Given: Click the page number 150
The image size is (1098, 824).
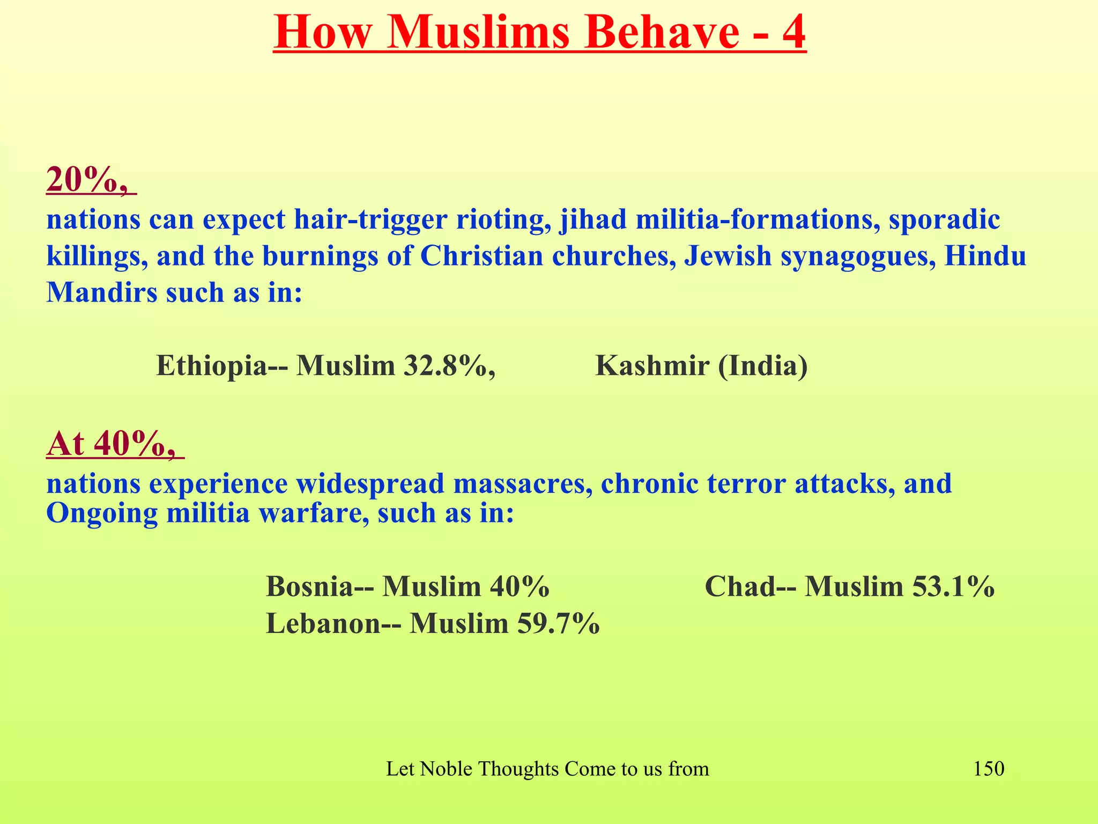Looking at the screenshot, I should (x=989, y=769).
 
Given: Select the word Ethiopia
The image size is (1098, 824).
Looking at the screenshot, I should (x=211, y=366).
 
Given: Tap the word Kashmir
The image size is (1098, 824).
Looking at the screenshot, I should (x=652, y=366).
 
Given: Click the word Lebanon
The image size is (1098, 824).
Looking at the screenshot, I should (x=323, y=623).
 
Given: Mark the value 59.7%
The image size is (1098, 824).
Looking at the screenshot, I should (x=558, y=623).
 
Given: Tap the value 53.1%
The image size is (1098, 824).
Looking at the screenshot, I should (x=953, y=586).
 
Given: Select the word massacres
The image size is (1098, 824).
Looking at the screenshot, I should (x=522, y=483).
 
